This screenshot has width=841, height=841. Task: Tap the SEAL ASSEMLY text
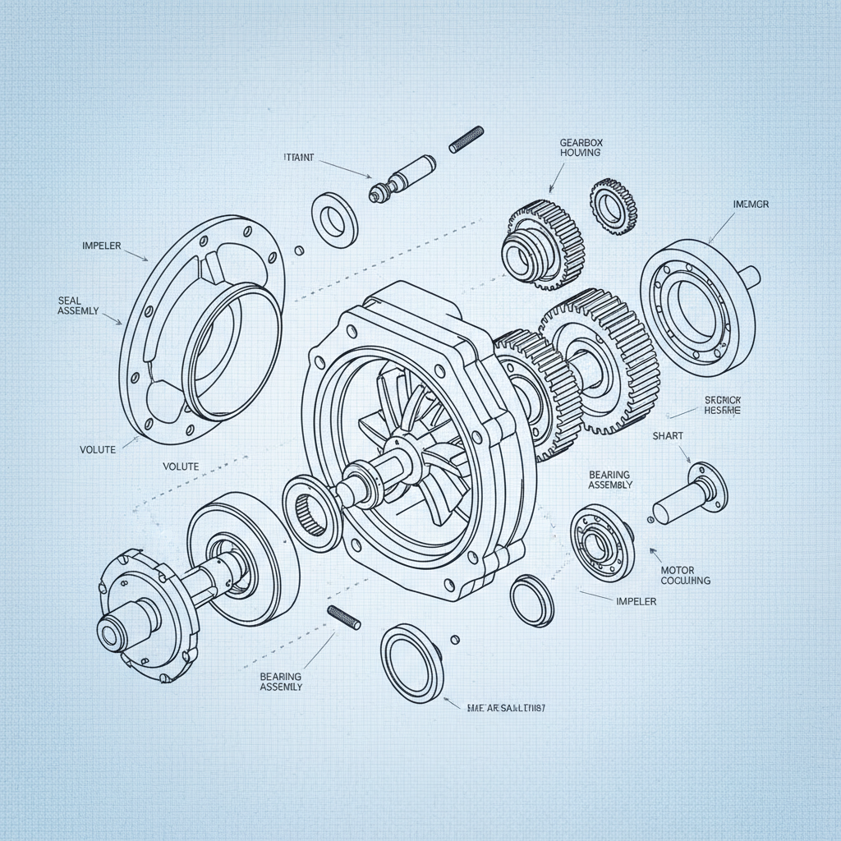point(79,306)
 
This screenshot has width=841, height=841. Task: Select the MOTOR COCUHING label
point(685,575)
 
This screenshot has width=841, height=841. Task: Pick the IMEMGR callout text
point(750,204)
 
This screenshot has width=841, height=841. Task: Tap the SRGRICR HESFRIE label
point(723,404)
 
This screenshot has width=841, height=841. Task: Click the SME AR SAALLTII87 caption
point(506,707)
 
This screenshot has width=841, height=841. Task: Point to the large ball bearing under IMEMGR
point(696,301)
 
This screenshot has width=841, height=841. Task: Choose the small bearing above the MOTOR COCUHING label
point(603,540)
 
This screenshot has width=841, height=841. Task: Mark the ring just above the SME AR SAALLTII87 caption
point(411,662)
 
